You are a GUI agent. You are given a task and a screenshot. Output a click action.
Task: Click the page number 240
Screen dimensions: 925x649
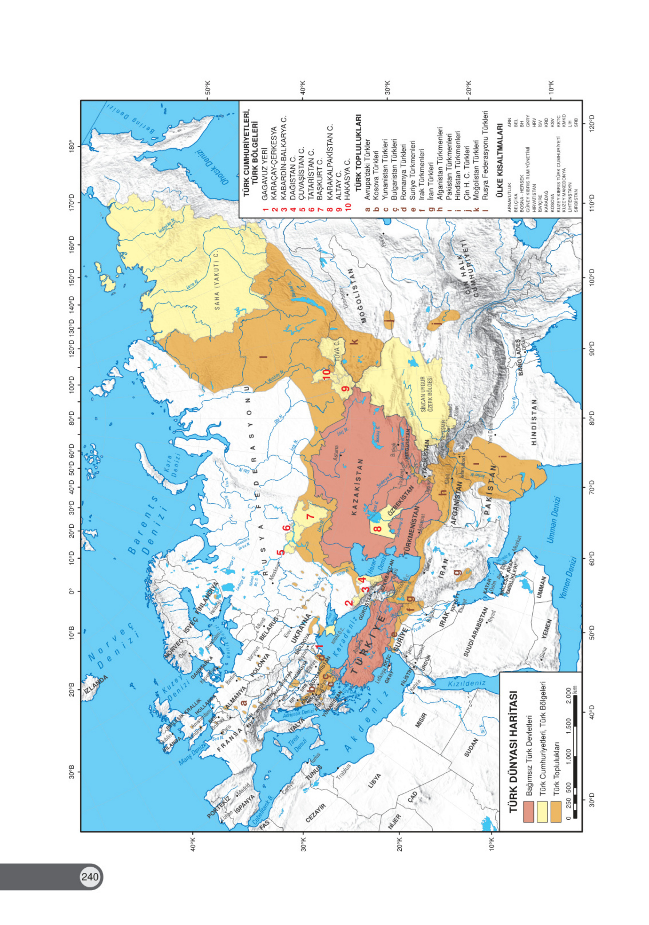tap(89, 877)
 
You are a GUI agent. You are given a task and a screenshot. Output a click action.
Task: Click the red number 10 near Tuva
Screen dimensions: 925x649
tap(326, 374)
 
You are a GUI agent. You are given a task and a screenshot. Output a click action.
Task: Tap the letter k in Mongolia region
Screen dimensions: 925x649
tap(354, 342)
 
